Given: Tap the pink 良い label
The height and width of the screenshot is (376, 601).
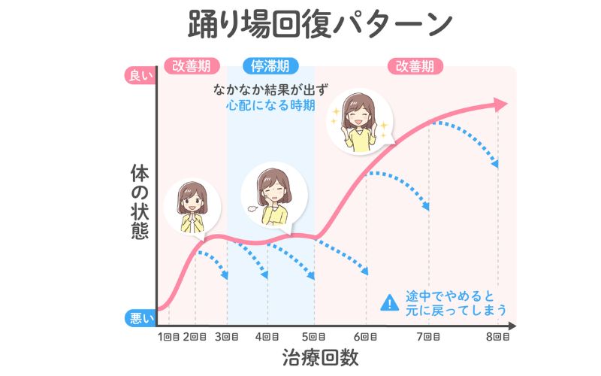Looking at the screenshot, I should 140,75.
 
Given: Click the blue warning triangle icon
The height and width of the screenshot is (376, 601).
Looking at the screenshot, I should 389,302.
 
